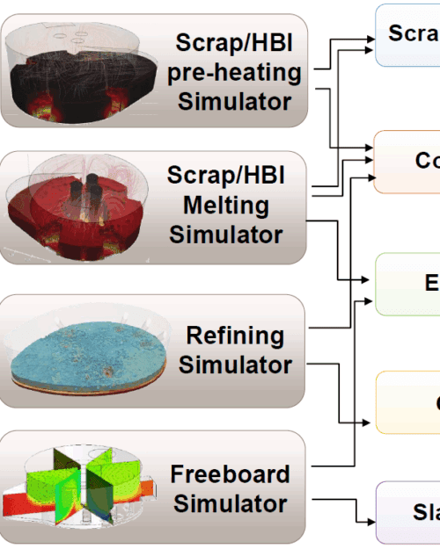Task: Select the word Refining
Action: [x=236, y=336]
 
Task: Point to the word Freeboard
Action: [x=230, y=474]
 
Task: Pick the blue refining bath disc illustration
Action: [x=84, y=351]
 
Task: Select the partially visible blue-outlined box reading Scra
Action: [x=409, y=35]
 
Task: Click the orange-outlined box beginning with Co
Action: [x=409, y=161]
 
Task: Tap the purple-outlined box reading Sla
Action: [x=409, y=512]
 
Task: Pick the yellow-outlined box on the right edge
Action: [x=409, y=401]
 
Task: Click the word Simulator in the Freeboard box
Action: [x=230, y=504]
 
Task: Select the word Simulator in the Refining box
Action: [x=236, y=365]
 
